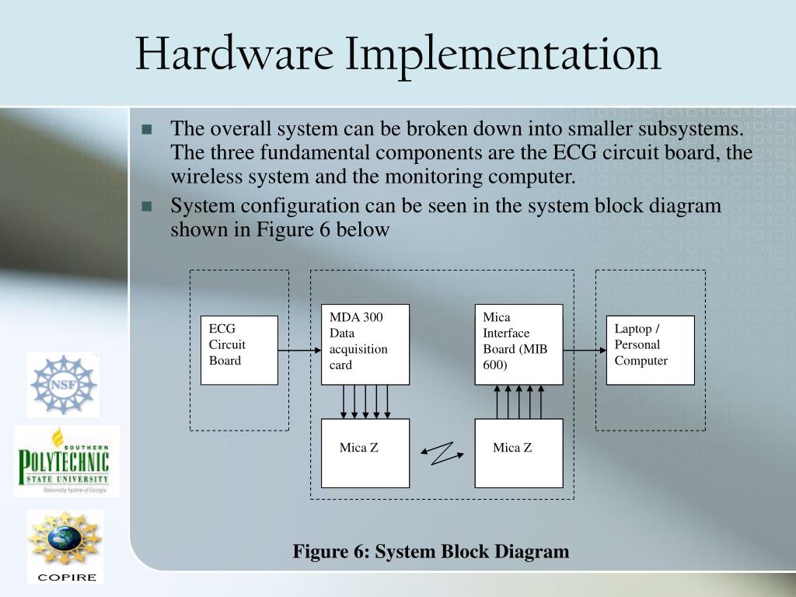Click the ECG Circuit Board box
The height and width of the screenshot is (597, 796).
[239, 350]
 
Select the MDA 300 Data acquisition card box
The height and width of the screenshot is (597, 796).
[365, 344]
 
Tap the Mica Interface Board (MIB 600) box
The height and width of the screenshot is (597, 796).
[518, 344]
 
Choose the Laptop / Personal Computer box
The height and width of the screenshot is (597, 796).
[650, 350]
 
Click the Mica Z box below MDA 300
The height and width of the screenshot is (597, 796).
[365, 453]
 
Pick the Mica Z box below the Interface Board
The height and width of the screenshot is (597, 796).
[518, 453]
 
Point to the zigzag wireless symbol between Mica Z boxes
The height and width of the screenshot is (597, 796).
[442, 452]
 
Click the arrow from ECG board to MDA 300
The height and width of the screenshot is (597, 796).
[299, 351]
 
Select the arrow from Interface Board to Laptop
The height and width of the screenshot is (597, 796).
[585, 351]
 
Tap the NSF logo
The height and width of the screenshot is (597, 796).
[63, 384]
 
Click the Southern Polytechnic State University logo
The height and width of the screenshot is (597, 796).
[66, 462]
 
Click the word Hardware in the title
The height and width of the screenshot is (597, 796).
[234, 55]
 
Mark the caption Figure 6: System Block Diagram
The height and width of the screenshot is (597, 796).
[431, 552]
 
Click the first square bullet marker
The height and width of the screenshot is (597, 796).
[148, 129]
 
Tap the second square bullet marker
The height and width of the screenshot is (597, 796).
[148, 207]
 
